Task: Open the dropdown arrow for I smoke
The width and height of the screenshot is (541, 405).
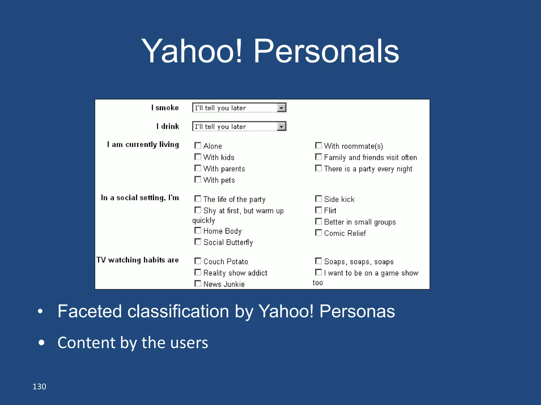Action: click(x=281, y=108)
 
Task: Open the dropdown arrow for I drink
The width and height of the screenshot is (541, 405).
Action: click(x=281, y=127)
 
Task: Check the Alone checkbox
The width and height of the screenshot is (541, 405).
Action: click(x=198, y=146)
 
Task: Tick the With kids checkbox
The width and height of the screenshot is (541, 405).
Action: click(x=198, y=157)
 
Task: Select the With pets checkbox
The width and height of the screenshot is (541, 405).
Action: click(x=198, y=180)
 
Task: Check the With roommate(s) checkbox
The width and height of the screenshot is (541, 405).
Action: click(x=318, y=146)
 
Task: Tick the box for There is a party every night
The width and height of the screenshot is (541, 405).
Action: click(x=318, y=168)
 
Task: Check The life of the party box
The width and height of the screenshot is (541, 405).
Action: click(x=198, y=199)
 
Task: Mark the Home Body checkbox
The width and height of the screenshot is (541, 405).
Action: click(x=198, y=230)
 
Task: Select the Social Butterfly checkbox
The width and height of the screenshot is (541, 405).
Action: click(x=198, y=242)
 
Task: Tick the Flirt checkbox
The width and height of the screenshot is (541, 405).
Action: click(x=318, y=210)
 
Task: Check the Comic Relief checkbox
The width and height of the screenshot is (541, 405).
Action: click(x=318, y=233)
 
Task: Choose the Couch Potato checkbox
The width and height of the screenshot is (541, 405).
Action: click(x=198, y=261)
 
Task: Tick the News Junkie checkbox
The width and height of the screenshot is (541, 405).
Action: click(x=198, y=284)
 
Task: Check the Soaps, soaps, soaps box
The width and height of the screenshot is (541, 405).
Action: click(x=318, y=261)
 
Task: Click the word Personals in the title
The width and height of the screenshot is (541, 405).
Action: click(x=326, y=51)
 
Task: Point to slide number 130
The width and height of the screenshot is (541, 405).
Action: click(x=39, y=387)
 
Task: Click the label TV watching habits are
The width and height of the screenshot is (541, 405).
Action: click(x=137, y=260)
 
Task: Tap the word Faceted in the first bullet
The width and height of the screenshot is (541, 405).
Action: click(x=90, y=311)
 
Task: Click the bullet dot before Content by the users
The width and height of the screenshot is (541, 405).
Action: click(x=41, y=343)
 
